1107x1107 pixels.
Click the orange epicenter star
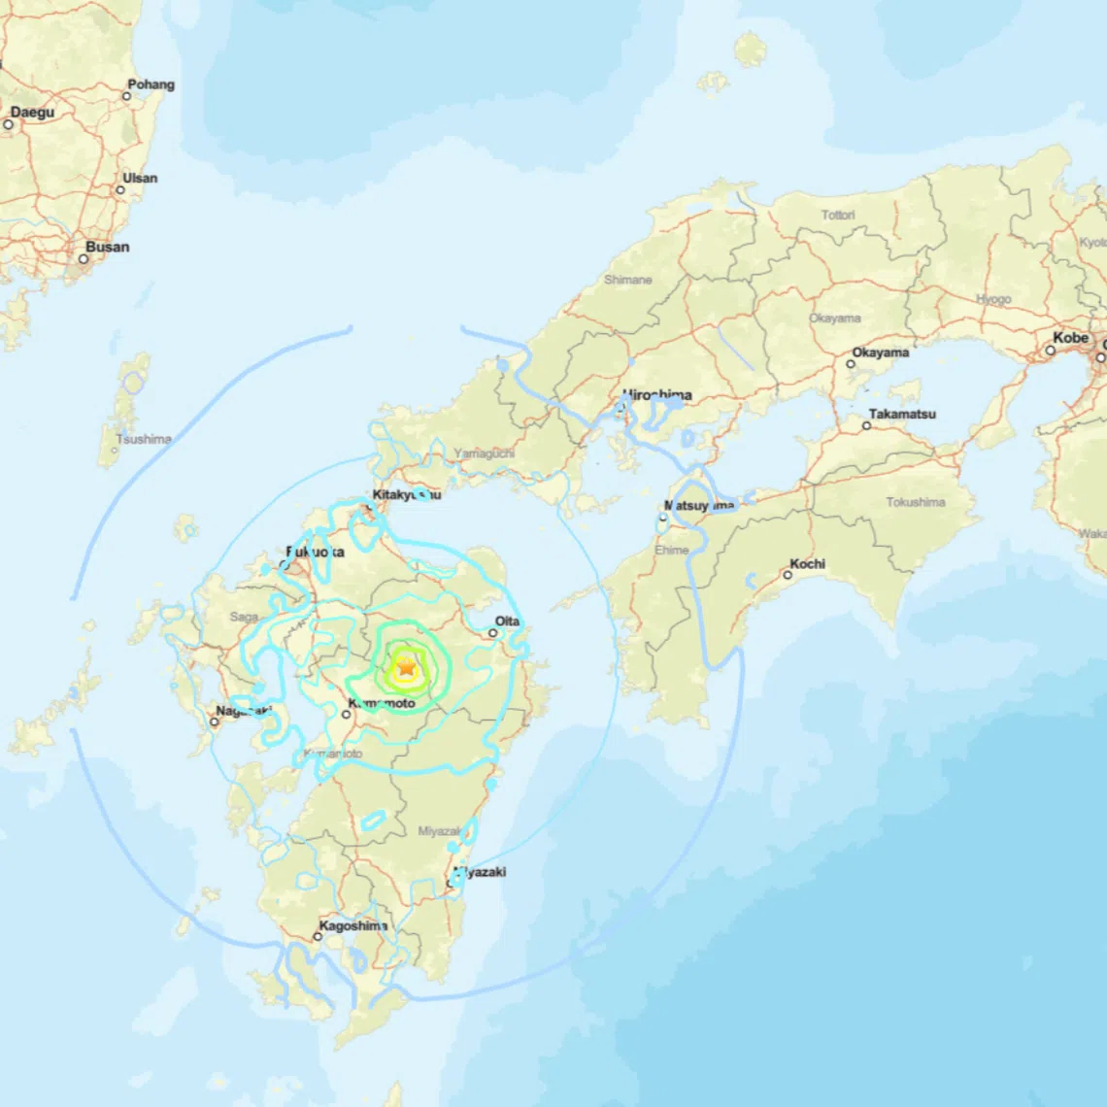click(406, 668)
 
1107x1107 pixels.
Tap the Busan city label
click(107, 247)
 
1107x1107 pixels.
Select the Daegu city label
click(32, 113)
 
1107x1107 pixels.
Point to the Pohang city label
click(151, 84)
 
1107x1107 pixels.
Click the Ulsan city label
click(140, 179)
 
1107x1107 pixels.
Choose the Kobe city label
click(1071, 338)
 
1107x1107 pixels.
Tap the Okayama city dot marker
click(850, 364)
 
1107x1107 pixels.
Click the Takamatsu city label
click(902, 414)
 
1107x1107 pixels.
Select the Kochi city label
click(807, 563)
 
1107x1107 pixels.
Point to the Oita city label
click(507, 621)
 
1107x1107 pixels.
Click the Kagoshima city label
click(353, 926)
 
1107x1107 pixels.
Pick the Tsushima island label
click(144, 439)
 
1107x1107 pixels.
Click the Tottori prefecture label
click(838, 215)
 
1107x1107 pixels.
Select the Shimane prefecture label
click(628, 280)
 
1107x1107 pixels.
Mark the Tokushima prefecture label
click(915, 502)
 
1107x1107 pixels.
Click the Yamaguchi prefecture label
click(484, 453)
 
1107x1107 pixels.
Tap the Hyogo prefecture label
click(993, 299)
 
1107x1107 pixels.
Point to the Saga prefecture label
click(244, 617)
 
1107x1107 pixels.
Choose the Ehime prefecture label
click(671, 550)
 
